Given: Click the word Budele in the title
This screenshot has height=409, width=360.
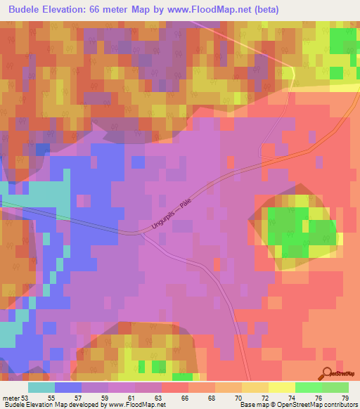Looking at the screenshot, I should pos(30,10).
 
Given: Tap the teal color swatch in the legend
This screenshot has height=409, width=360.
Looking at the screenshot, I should pos(41,387).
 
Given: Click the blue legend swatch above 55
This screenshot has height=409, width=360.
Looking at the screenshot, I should pos(68,387).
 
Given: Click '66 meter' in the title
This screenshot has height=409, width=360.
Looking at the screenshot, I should pos(117,10).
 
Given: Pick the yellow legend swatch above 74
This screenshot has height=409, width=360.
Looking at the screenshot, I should pos(281,387).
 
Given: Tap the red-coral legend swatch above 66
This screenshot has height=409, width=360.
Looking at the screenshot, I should pos(175,387).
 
